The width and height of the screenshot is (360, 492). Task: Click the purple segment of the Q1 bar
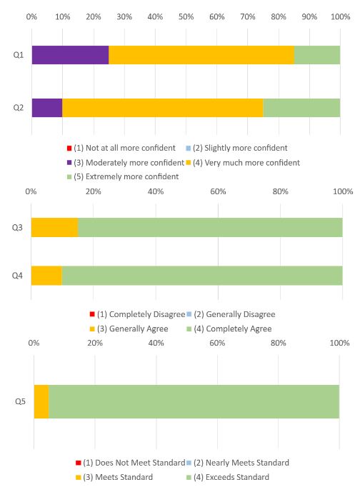[70, 55]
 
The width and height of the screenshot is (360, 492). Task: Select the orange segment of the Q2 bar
[163, 108]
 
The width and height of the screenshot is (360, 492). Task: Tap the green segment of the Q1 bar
[317, 55]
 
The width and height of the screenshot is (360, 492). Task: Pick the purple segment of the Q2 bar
[47, 108]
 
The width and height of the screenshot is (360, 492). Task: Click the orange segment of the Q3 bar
[54, 228]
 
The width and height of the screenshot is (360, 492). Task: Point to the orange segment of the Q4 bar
[46, 276]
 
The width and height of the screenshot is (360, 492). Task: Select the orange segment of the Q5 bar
[41, 401]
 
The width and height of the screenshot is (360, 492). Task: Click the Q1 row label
[18, 55]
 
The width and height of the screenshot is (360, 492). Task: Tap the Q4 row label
[17, 276]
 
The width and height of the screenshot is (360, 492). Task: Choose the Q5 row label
[21, 401]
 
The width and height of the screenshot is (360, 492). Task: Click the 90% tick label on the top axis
[309, 16]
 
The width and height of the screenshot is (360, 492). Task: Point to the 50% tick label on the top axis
[186, 16]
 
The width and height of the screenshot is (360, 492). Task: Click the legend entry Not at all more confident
[121, 148]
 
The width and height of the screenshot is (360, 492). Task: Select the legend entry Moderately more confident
[126, 163]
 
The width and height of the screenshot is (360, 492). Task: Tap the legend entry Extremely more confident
[123, 176]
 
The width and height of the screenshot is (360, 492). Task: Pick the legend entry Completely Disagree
[137, 314]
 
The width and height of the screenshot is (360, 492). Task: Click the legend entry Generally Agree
[129, 329]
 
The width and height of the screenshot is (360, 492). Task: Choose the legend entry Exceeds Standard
[228, 477]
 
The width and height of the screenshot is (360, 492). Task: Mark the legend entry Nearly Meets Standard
[238, 463]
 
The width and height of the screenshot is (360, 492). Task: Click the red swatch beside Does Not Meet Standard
[79, 463]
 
